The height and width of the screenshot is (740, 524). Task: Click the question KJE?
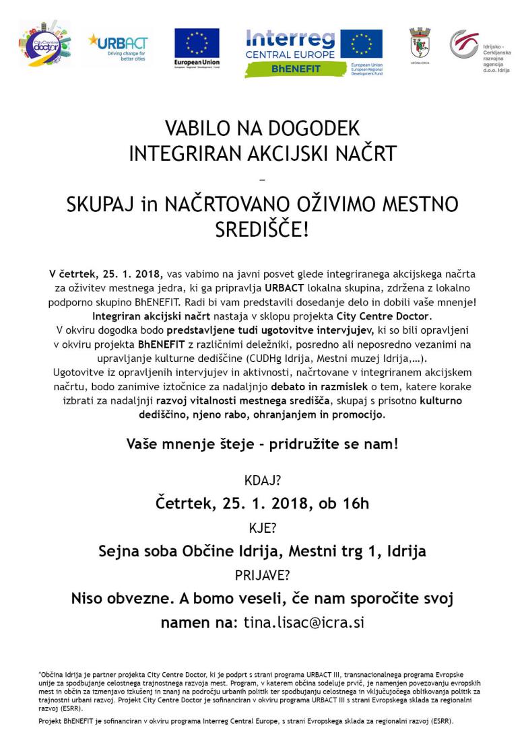pos(261,527)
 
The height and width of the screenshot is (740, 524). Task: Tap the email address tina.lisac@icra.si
pos(302,622)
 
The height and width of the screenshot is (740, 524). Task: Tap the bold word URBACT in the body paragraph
pos(285,289)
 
